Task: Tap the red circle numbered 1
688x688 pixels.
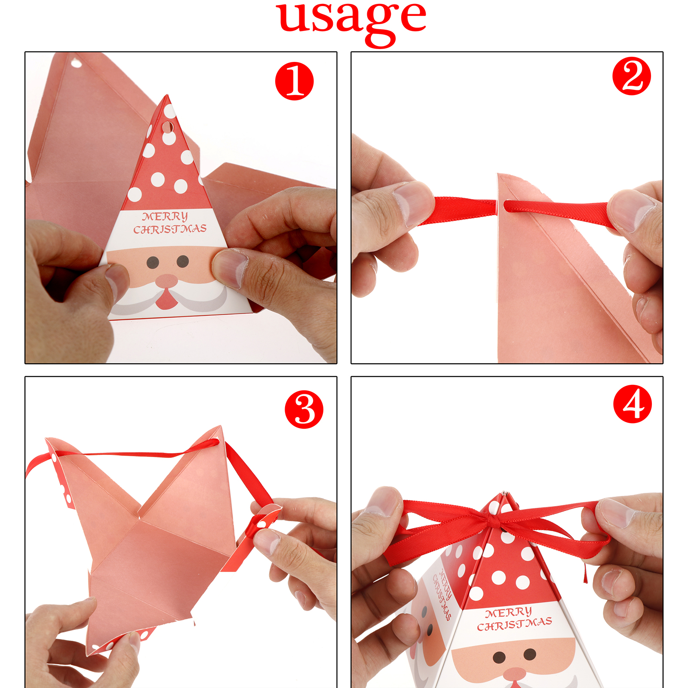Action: tap(295, 81)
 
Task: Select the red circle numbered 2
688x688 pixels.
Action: tap(632, 76)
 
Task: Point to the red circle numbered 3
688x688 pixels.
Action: tap(304, 409)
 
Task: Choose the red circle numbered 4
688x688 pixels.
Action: tap(633, 404)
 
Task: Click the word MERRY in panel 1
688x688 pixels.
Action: tap(165, 216)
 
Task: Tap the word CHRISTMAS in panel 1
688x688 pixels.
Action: tap(170, 229)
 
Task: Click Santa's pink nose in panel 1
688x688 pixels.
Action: tap(166, 281)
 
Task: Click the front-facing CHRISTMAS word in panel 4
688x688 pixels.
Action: tap(515, 624)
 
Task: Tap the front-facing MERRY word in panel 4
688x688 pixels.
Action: tap(509, 612)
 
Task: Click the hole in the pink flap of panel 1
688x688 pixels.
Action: tap(77, 64)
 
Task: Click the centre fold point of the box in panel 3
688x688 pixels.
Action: tap(139, 519)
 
